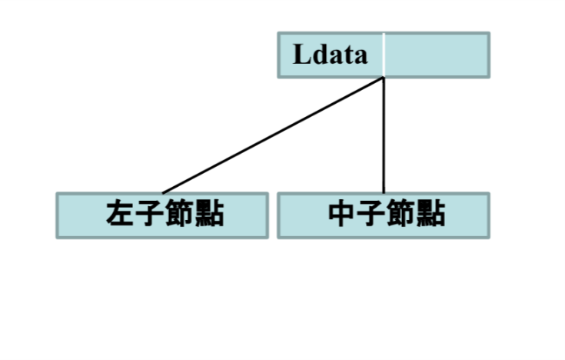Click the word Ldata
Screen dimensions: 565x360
click(x=330, y=55)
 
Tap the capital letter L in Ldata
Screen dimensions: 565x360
click(x=302, y=55)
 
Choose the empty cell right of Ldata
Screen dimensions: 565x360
click(x=437, y=55)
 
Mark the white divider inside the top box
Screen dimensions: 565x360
click(x=384, y=55)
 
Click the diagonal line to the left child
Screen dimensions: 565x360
click(x=273, y=135)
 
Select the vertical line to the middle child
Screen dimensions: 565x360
click(x=384, y=135)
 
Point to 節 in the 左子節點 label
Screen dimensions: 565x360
click(x=179, y=213)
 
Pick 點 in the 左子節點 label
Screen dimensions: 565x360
click(x=209, y=213)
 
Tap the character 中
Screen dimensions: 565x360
click(x=342, y=213)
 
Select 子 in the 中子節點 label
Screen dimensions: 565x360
click(x=371, y=213)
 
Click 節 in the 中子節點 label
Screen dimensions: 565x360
click(x=401, y=213)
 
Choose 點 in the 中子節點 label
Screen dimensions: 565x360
click(x=431, y=213)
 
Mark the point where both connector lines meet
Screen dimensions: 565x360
click(x=384, y=78)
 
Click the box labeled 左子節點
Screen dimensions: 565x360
click(x=162, y=215)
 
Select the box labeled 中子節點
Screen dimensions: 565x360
click(x=384, y=215)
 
